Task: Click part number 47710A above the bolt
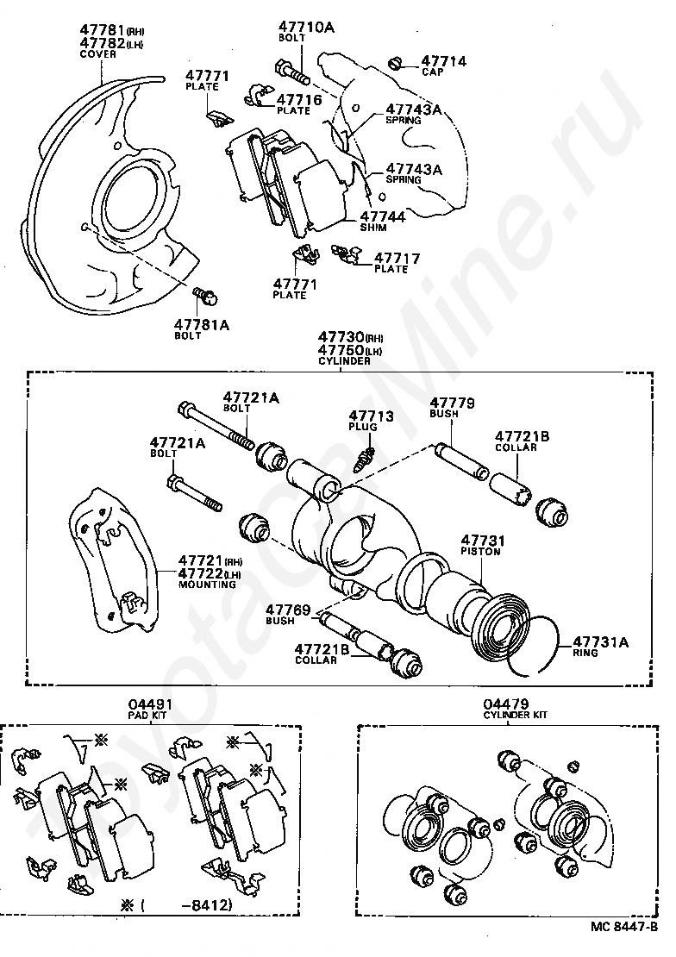305,28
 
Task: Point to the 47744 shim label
382,217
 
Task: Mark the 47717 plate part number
397,258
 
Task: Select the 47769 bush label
287,610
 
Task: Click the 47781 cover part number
102,30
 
